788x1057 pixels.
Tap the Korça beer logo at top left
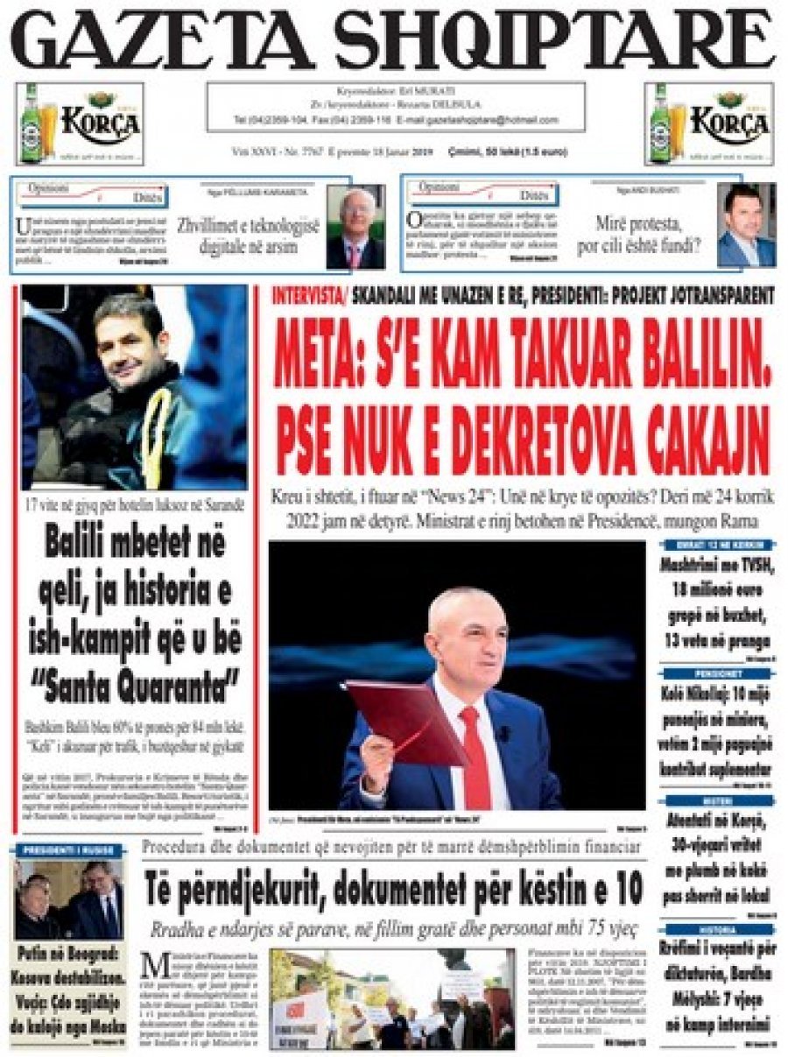80,123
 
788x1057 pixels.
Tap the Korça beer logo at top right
709,123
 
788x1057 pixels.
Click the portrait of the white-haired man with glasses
355,227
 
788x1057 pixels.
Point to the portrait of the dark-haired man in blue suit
746,225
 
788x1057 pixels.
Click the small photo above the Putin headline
67,899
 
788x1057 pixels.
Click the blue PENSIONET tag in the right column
715,673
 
